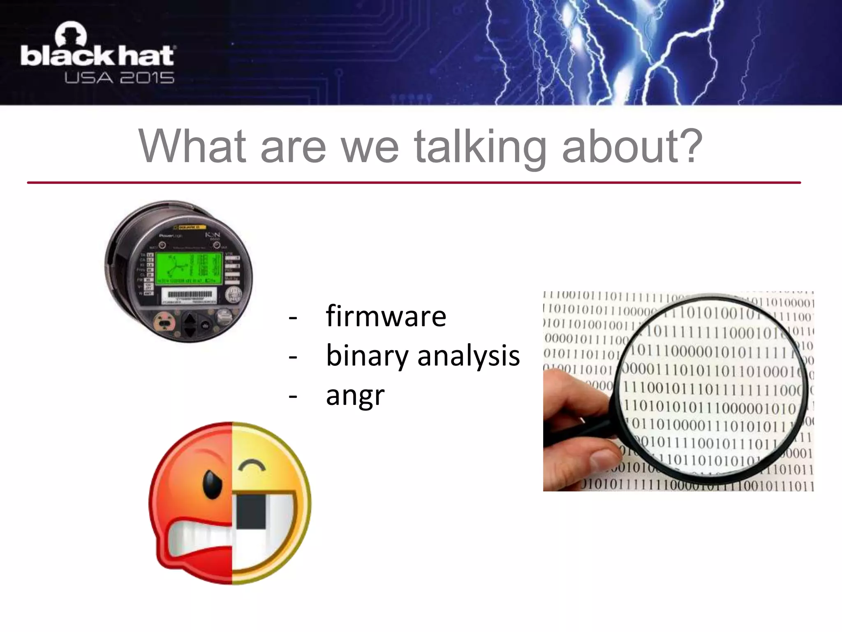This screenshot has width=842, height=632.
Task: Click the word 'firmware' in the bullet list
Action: pos(386,316)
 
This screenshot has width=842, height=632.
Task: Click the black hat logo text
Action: pos(98,56)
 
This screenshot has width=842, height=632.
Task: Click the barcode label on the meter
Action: pos(190,295)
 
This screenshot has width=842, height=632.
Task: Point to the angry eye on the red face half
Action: pos(213,483)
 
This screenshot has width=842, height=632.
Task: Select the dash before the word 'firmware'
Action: pos(293,317)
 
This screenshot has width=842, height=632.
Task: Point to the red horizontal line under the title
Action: pos(414,182)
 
